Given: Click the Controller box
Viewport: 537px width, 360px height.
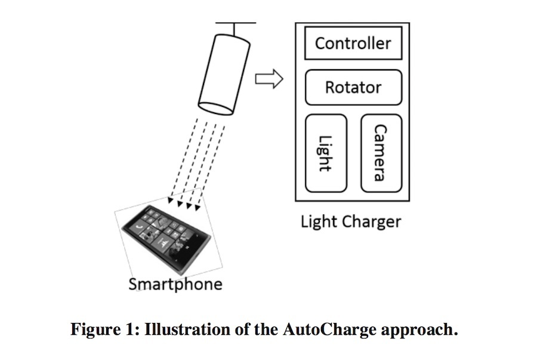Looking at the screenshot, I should (x=353, y=42).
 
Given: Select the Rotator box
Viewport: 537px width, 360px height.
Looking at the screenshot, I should (x=353, y=87).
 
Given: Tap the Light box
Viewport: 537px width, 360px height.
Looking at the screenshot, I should (x=325, y=153).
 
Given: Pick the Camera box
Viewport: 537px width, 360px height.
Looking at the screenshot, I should (x=381, y=153).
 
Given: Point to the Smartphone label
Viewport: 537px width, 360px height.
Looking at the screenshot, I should (x=175, y=284).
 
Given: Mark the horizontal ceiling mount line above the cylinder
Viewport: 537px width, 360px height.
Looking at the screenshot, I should (x=236, y=23).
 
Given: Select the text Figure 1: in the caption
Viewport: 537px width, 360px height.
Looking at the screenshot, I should (x=105, y=330).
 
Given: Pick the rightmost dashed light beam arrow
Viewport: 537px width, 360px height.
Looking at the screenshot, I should (x=212, y=167).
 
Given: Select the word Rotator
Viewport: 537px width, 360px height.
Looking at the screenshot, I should (x=353, y=87).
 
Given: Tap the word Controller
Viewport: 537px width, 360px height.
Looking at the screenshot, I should (x=353, y=43).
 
